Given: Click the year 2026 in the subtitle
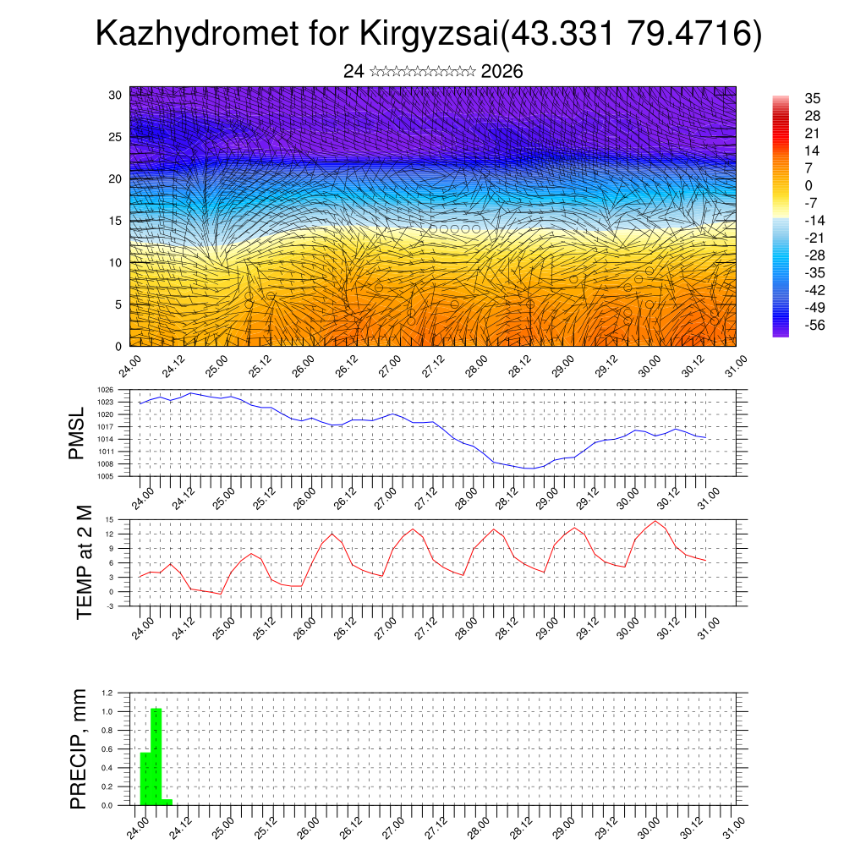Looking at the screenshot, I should [502, 72].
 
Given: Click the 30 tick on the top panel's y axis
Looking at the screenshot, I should [116, 95].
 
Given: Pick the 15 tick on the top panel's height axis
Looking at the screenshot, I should [116, 221].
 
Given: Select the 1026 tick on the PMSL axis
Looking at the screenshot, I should [121, 390].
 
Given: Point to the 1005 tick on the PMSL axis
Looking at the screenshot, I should [121, 476].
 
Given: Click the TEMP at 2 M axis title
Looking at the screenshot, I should [84, 562].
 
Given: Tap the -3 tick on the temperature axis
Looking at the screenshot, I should [123, 606].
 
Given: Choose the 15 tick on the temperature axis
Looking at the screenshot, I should [123, 519].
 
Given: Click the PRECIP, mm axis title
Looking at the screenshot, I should [79, 748].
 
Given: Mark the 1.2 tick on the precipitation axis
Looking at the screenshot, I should [121, 693].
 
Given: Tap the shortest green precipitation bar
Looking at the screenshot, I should [167, 802].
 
